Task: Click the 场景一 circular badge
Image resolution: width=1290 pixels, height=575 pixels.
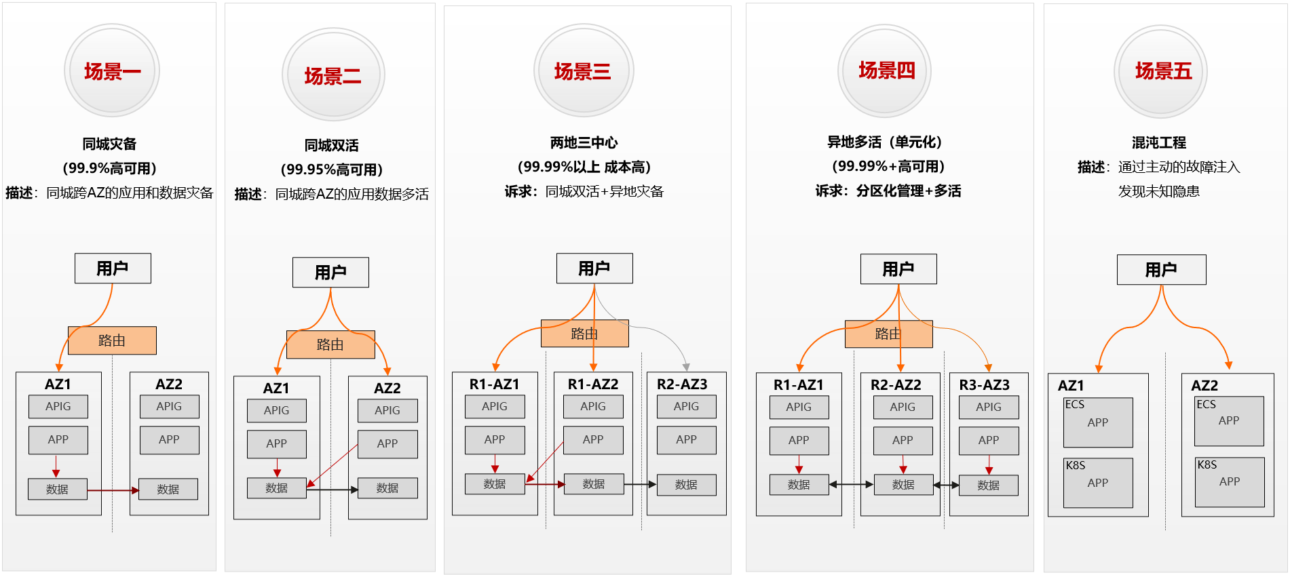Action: coord(112,71)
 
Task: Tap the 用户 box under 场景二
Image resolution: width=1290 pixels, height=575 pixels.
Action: coord(330,273)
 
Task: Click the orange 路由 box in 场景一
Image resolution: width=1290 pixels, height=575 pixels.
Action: coord(112,340)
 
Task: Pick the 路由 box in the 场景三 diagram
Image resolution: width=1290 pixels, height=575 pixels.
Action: coord(584,334)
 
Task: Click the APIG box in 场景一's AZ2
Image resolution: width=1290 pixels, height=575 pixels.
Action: coord(169,406)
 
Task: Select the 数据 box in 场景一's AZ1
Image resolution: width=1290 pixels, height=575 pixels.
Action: coord(58,489)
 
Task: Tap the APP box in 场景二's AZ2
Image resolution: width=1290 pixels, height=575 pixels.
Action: coord(387,443)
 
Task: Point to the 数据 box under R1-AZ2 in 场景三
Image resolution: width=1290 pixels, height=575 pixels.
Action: coord(594,484)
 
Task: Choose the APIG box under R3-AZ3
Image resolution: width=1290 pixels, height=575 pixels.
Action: coord(989,407)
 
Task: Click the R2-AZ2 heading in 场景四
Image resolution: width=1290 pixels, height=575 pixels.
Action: coord(896,385)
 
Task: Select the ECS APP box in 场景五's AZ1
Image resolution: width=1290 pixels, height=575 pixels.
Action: coord(1098,422)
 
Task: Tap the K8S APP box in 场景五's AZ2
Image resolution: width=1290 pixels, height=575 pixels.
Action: coord(1230,482)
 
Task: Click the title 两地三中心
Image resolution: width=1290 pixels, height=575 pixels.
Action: coord(584,142)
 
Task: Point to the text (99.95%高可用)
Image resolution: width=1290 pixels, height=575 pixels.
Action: coord(331,170)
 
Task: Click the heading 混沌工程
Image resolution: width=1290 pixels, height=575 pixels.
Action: coord(1159,142)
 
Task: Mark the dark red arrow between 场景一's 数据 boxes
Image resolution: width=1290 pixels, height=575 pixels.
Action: coord(113,490)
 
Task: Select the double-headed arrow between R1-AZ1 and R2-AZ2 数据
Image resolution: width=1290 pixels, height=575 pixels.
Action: coord(851,485)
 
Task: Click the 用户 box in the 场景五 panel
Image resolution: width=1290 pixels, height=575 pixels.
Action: coord(1162,270)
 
